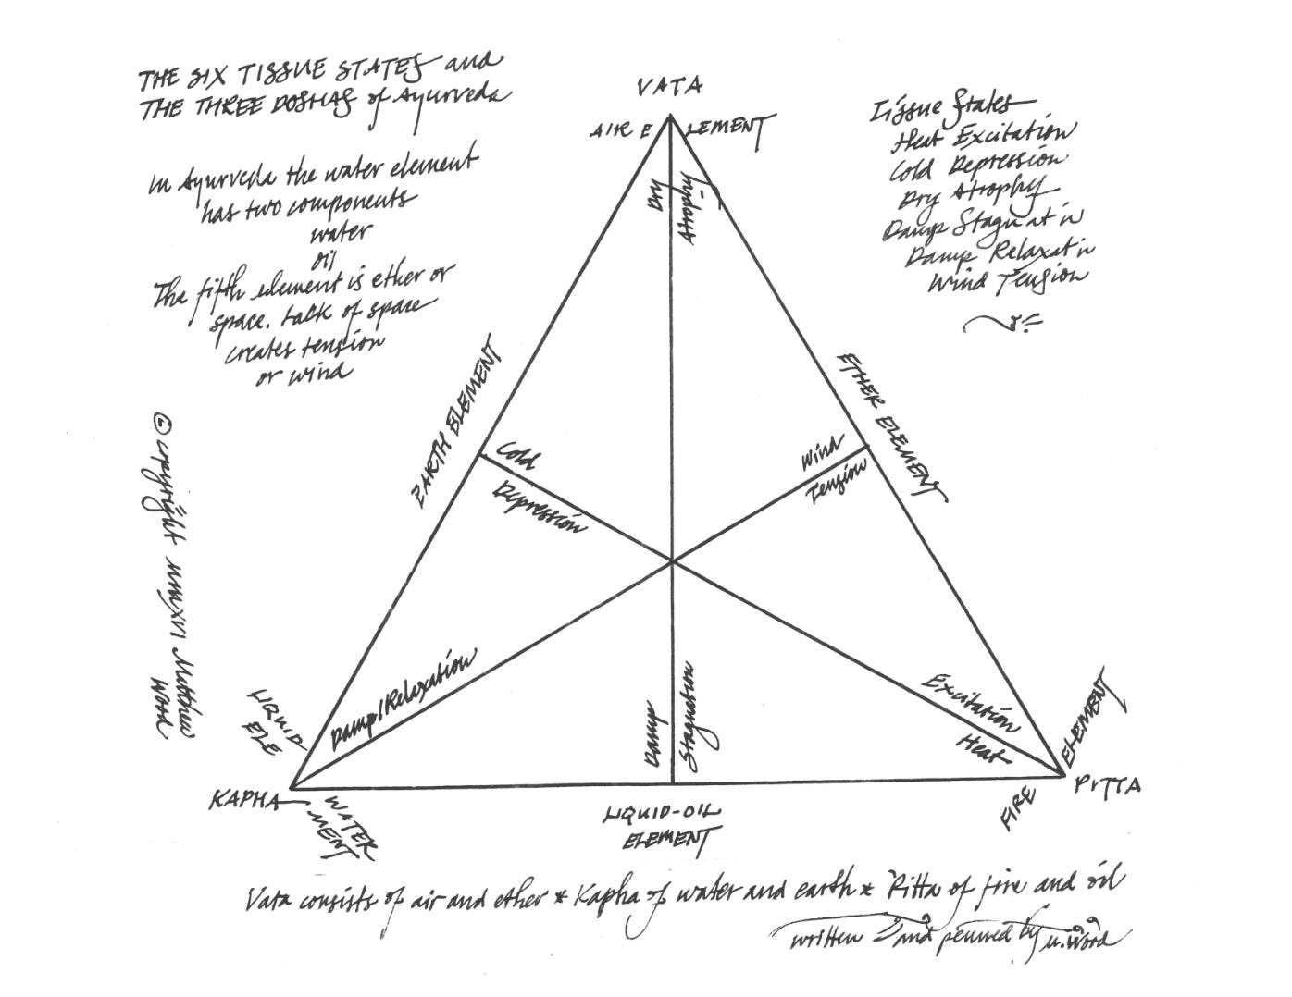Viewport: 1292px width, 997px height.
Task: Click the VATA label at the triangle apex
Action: point(669,88)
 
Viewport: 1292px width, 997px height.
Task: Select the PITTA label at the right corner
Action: point(1108,786)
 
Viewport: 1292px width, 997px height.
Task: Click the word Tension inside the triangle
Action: point(837,482)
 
